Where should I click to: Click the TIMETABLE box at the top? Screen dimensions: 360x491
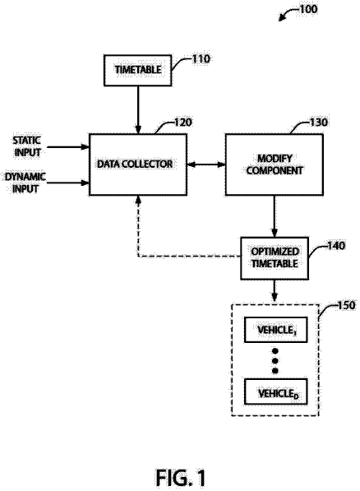(x=138, y=70)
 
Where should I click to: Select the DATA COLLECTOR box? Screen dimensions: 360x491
(x=138, y=164)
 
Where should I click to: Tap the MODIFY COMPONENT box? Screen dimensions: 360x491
(x=275, y=164)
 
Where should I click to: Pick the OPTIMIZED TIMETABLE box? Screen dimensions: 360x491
(x=275, y=258)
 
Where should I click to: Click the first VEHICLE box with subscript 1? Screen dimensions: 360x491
(x=275, y=330)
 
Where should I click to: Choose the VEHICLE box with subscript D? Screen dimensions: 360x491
(x=275, y=391)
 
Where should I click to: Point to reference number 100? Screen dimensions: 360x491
(x=309, y=9)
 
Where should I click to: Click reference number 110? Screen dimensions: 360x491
(x=201, y=59)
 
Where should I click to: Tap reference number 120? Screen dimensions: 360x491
(x=182, y=122)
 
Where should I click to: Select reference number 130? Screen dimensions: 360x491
(x=319, y=122)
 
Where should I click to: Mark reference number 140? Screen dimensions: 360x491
(x=336, y=245)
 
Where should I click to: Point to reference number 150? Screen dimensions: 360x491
(x=347, y=305)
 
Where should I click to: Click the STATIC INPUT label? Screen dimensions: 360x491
(x=27, y=146)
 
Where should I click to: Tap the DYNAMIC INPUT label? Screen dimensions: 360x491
(x=25, y=183)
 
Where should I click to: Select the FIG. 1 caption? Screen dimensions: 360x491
(x=181, y=478)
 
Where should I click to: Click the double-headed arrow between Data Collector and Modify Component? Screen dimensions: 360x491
(x=206, y=164)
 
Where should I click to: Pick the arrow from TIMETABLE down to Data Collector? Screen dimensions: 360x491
(x=138, y=110)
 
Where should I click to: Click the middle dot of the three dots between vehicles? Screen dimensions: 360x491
(x=275, y=361)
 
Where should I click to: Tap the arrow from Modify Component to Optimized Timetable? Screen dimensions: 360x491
(x=275, y=216)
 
